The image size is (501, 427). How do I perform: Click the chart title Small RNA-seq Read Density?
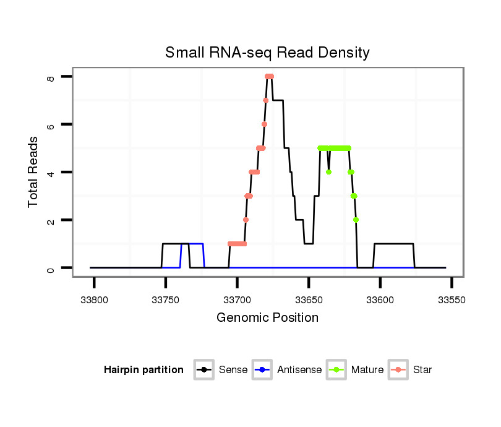click(x=267, y=53)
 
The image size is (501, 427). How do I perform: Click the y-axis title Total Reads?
click(x=33, y=171)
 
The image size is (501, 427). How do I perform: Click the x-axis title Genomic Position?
click(x=267, y=318)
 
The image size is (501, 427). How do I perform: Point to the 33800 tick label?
click(x=95, y=300)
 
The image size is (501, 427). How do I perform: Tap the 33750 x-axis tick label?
click(x=166, y=300)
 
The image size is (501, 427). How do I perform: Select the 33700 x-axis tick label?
click(x=238, y=300)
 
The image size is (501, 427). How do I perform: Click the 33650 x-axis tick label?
click(x=309, y=300)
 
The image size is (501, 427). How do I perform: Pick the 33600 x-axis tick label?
click(x=380, y=300)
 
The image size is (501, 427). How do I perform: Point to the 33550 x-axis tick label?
click(x=452, y=300)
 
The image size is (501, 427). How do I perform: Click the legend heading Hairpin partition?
click(x=143, y=370)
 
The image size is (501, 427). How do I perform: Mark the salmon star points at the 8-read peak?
click(x=269, y=76)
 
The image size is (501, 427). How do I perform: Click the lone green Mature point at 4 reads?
click(x=328, y=172)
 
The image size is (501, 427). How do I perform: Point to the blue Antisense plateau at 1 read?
click(x=193, y=244)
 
